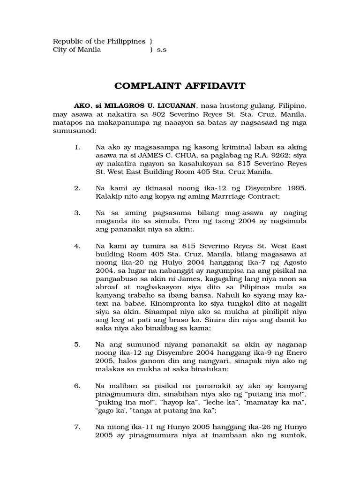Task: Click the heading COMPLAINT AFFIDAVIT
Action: [x=180, y=86]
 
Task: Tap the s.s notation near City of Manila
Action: [x=162, y=50]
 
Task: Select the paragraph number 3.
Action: [x=78, y=212]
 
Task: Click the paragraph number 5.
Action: [x=78, y=344]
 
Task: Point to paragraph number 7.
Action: [x=78, y=427]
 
